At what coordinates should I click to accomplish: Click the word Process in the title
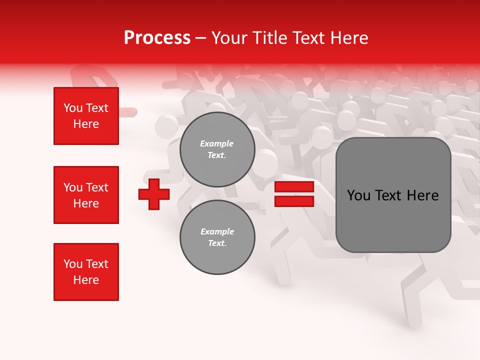click(157, 38)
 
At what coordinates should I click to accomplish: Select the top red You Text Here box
click(86, 116)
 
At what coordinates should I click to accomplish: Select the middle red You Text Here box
click(86, 195)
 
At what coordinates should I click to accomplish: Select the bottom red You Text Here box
click(86, 271)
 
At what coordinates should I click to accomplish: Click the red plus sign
click(154, 194)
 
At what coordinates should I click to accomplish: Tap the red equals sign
click(294, 194)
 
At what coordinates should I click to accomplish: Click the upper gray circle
click(217, 149)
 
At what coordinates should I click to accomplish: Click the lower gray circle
click(217, 237)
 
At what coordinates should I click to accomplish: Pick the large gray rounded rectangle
click(393, 195)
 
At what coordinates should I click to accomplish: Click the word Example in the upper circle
click(216, 143)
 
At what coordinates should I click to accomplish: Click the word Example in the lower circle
click(217, 231)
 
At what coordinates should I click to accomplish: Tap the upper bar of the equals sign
click(294, 187)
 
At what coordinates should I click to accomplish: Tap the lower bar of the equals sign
click(294, 201)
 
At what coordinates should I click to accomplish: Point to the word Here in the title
click(350, 38)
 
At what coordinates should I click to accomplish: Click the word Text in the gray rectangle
click(388, 195)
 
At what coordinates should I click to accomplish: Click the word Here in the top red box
click(86, 124)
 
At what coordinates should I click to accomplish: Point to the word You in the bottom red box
click(72, 264)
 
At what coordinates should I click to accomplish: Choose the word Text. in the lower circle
click(217, 243)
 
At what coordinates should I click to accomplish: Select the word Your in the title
click(228, 38)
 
